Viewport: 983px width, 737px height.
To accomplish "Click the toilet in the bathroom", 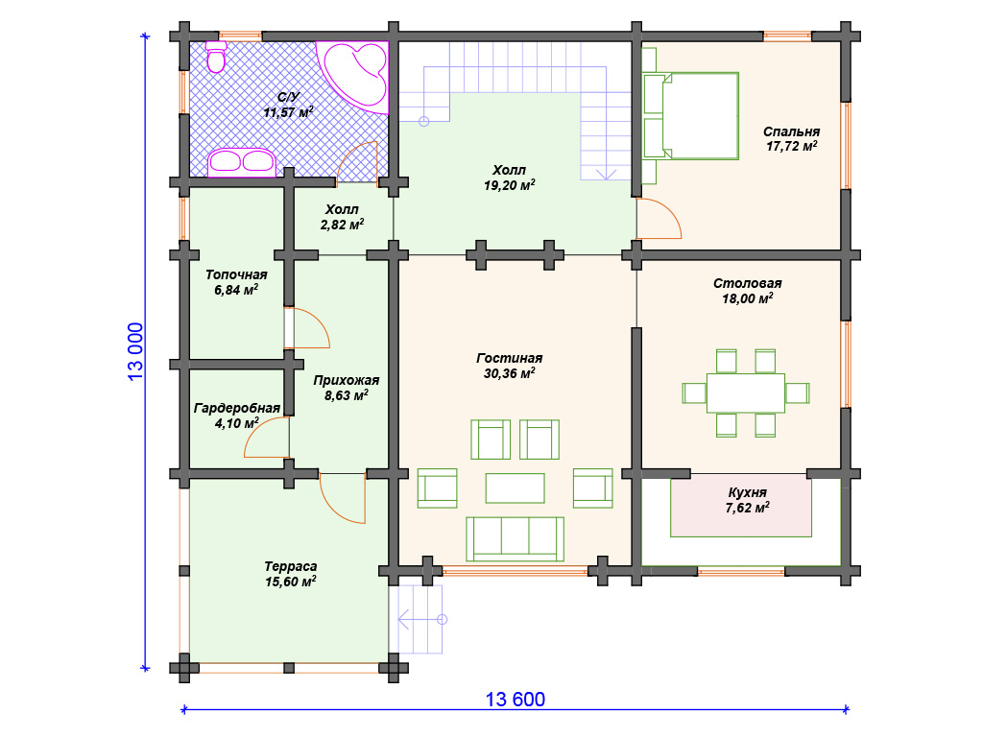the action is [216, 57].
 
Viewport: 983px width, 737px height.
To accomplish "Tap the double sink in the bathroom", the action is [241, 162].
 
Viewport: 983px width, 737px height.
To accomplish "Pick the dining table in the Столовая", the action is [745, 392].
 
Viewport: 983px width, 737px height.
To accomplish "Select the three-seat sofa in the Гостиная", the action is [515, 539].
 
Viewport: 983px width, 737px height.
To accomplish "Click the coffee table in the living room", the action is [515, 488].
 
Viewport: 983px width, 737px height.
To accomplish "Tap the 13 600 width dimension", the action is [515, 700].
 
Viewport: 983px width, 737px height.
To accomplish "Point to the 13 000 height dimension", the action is [135, 351].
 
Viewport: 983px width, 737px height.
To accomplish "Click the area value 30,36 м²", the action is [509, 373].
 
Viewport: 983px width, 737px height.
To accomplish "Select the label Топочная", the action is [236, 274].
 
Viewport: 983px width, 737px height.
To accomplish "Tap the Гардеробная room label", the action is [237, 408].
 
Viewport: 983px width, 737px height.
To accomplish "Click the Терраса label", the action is [290, 566].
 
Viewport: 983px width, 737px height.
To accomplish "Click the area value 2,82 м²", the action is [343, 225].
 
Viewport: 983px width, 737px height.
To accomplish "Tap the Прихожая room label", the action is [346, 380].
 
